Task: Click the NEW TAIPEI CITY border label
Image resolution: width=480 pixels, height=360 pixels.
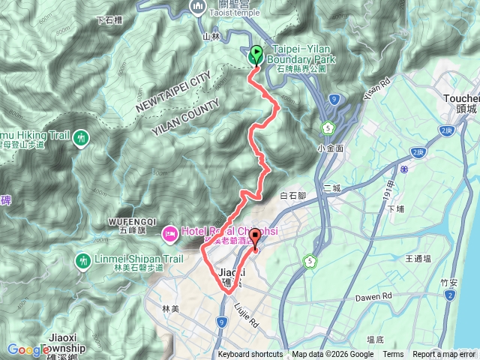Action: tap(172, 94)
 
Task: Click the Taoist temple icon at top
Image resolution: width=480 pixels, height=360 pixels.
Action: tap(199, 7)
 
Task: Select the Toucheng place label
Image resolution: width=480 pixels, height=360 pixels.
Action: tap(460, 98)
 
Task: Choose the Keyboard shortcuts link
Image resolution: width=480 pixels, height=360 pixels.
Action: tap(250, 355)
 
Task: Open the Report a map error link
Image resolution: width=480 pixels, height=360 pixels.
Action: tap(445, 355)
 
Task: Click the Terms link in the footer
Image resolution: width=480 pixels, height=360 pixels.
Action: tap(393, 355)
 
